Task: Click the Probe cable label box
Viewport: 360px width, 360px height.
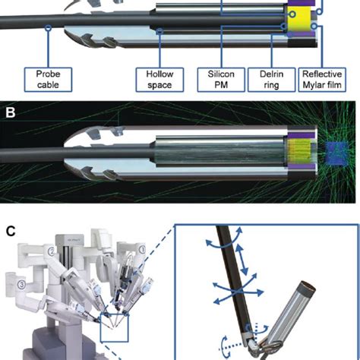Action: [x=48, y=80]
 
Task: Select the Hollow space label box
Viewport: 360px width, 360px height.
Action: [x=159, y=80]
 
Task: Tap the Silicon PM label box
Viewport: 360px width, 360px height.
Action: [x=221, y=80]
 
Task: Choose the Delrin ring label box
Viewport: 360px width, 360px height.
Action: [x=271, y=80]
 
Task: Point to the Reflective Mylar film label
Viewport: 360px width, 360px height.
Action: [x=322, y=80]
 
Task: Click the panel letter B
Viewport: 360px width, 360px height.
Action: [x=10, y=112]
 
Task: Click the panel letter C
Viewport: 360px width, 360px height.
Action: [x=11, y=231]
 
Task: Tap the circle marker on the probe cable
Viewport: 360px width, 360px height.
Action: [x=48, y=27]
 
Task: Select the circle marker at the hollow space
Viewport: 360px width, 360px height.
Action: [x=159, y=31]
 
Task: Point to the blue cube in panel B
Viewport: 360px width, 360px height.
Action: [x=336, y=153]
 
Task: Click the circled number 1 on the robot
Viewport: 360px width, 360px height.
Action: [x=142, y=250]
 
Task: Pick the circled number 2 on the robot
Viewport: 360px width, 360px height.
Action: [x=52, y=251]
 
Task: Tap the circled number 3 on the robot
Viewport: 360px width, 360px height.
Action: [x=22, y=285]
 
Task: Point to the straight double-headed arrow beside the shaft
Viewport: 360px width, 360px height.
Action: [x=242, y=261]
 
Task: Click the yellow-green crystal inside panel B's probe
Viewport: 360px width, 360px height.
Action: [x=298, y=151]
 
